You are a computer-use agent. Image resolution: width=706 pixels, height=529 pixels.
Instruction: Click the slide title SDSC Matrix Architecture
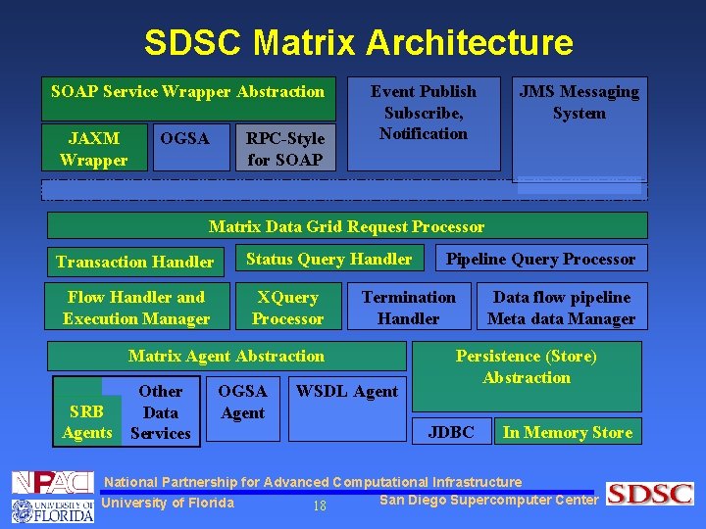pos(358,42)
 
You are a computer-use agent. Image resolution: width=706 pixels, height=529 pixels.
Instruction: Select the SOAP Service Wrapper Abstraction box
pos(187,92)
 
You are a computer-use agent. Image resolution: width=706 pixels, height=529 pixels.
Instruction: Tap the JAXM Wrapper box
pos(94,149)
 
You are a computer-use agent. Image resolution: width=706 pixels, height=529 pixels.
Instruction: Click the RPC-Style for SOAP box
pos(285,149)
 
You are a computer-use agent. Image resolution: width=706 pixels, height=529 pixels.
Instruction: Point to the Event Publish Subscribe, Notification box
pos(424,113)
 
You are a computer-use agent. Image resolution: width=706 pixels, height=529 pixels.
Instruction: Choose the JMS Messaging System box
pos(579,103)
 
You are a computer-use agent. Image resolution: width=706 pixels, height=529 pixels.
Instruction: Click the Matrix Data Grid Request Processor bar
pos(347,226)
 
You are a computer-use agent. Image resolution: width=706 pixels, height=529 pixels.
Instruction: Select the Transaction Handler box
pos(135,262)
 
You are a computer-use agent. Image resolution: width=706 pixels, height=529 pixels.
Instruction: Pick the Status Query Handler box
pos(328,259)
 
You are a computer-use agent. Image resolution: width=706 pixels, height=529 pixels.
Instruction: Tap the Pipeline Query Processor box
pos(540,259)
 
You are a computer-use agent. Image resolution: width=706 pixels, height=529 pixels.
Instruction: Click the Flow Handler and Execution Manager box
pos(136,308)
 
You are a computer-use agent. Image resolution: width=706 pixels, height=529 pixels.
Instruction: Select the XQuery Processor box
pos(287,308)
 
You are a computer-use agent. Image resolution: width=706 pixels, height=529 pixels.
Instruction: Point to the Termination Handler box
pos(409,308)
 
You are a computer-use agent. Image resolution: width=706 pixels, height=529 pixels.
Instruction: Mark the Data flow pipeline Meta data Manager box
pos(561,308)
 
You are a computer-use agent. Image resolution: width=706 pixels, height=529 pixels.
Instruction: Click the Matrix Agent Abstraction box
pos(227,356)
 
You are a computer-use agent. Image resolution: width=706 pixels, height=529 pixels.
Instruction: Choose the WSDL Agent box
pos(347,392)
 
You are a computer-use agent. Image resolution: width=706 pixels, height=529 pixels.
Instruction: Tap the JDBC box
pos(452,432)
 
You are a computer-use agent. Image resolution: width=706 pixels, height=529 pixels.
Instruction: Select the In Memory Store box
pos(568,432)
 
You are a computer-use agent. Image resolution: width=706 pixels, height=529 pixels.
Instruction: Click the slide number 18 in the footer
pos(319,505)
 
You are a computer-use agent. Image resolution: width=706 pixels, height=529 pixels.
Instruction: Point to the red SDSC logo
pos(649,494)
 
